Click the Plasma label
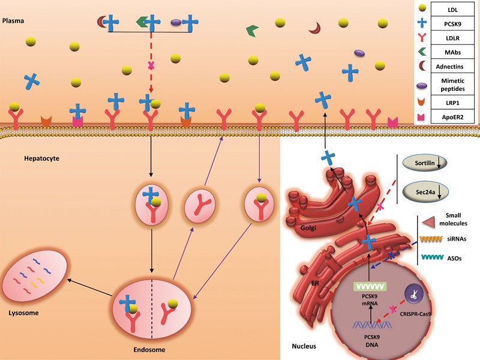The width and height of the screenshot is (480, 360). coord(13,19)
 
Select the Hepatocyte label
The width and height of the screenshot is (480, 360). coord(23,158)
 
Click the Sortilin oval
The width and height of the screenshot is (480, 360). coord(422,162)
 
